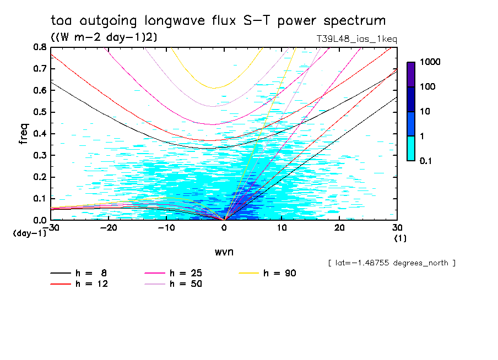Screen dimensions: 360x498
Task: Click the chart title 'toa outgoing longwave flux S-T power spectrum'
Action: tap(218, 21)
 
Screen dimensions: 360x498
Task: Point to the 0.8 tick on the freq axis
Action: tap(40, 47)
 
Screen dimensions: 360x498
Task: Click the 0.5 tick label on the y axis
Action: tap(40, 112)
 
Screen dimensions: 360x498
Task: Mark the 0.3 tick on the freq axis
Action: tap(40, 155)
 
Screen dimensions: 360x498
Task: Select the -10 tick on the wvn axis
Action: tap(166, 228)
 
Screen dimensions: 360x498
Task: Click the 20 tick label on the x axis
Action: tap(340, 228)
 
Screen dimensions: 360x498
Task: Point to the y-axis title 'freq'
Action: tap(24, 133)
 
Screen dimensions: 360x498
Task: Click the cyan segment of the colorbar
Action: tap(411, 148)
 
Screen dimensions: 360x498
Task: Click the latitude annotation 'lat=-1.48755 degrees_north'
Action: tap(391, 263)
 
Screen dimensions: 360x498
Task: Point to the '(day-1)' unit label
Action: tap(29, 233)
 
